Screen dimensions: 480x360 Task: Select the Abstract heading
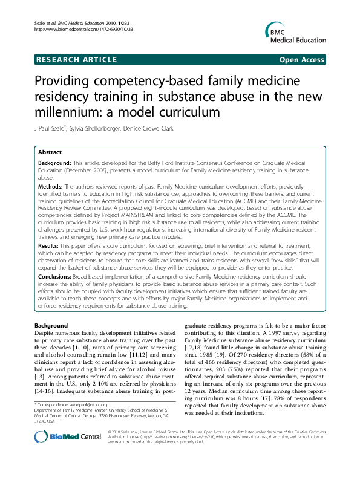pos(50,153)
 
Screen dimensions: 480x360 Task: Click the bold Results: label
pos(50,247)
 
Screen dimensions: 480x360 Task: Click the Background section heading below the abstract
pos(51,325)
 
